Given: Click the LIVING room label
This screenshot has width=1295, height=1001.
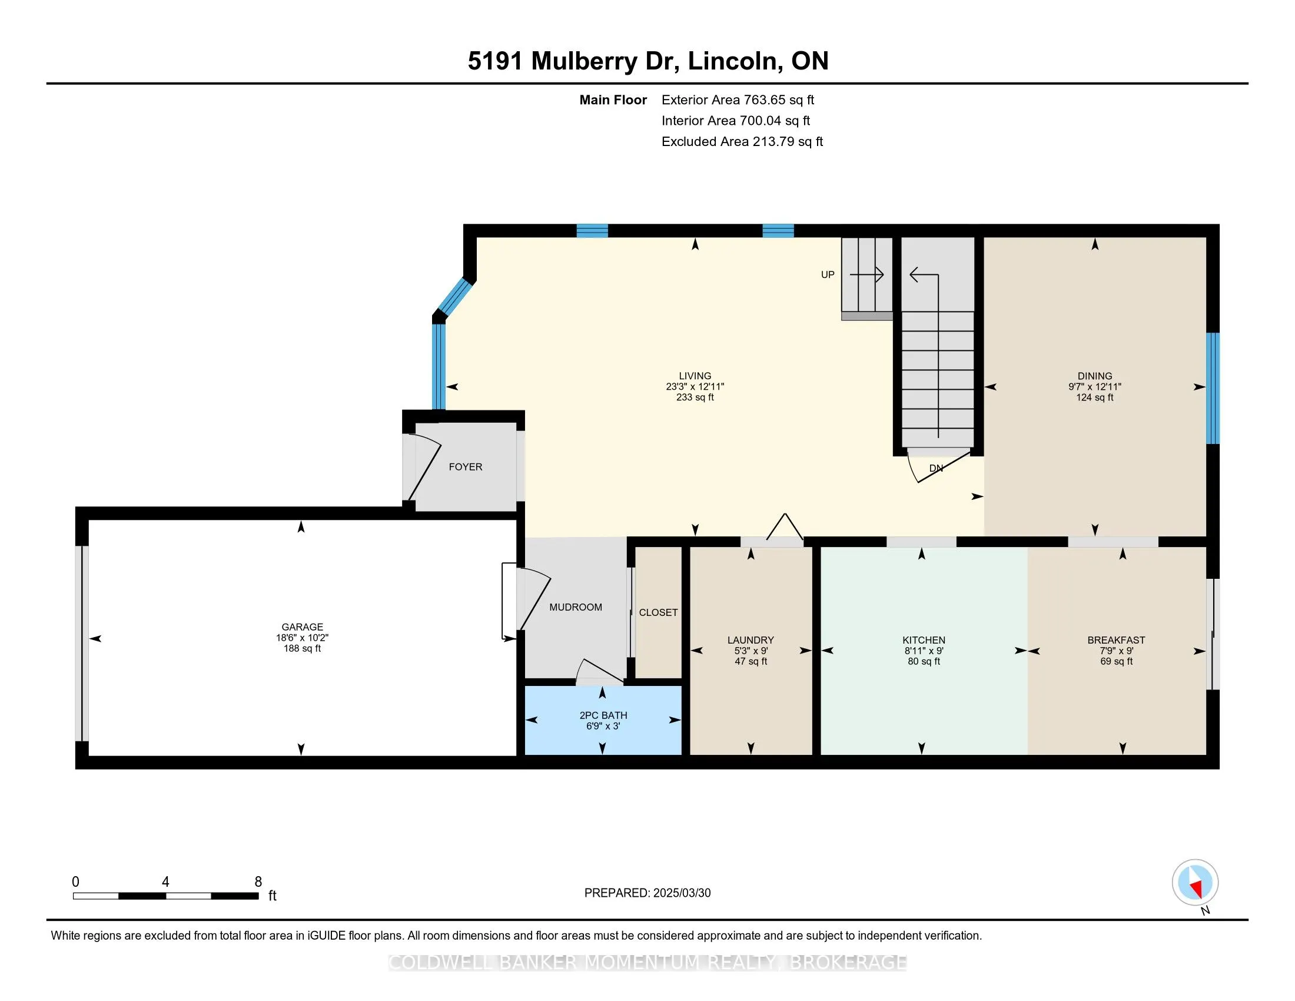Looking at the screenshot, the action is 695,376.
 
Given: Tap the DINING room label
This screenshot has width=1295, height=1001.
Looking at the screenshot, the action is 1095,376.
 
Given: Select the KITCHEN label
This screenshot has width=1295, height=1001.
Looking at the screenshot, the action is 924,640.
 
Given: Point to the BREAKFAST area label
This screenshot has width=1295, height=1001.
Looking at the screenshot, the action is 1116,640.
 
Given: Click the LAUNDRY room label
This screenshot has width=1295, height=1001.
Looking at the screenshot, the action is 751,640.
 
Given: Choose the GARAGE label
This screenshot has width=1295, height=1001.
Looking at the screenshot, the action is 303,627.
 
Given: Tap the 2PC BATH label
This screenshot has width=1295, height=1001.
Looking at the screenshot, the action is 603,715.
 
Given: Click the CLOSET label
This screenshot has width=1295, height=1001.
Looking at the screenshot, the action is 658,612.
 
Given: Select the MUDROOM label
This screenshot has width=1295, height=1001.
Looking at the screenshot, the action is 576,607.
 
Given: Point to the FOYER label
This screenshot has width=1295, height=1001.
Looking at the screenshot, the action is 466,468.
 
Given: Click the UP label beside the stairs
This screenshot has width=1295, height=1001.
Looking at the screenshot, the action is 828,274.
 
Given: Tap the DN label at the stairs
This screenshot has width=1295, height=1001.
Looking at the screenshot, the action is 936,469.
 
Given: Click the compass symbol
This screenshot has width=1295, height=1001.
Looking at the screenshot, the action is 1196,883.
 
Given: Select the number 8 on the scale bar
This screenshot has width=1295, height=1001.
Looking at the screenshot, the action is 258,882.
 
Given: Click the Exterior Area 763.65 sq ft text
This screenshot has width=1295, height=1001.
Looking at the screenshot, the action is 738,100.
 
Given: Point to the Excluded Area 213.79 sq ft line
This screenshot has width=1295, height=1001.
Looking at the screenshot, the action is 742,142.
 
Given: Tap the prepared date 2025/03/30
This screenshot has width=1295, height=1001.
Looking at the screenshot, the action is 682,893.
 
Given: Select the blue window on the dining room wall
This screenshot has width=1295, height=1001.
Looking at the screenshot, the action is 1213,389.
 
